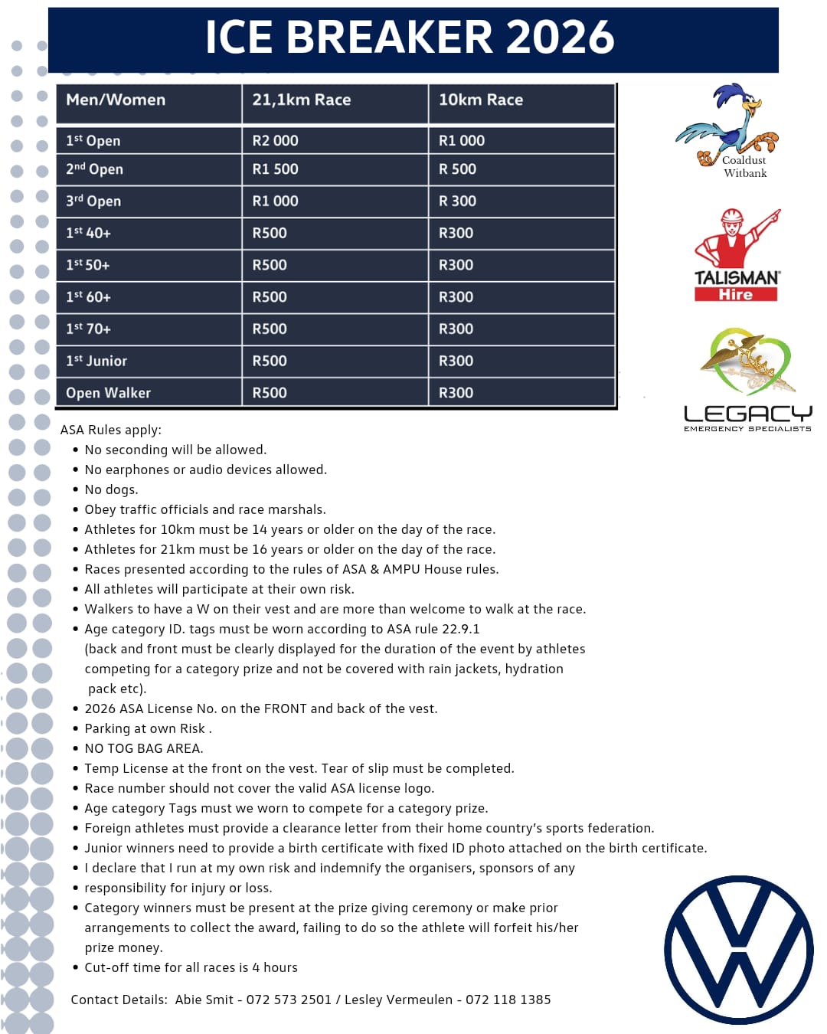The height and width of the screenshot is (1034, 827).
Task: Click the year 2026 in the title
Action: pos(560,37)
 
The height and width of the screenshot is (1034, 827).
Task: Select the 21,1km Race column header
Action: pos(301,100)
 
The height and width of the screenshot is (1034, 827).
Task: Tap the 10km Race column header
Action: pos(480,100)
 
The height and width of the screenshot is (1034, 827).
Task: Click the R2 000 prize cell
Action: pos(275,141)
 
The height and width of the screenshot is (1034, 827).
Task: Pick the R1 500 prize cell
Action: pos(275,169)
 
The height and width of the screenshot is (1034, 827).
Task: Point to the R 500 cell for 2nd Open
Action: pos(457,169)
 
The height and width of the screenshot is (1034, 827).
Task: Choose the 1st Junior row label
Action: pos(96,361)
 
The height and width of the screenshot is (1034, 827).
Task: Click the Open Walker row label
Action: pos(108,393)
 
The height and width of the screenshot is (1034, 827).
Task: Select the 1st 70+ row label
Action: pos(88,329)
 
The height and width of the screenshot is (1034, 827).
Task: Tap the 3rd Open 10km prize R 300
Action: pos(457,201)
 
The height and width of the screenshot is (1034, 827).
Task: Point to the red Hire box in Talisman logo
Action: pos(735,294)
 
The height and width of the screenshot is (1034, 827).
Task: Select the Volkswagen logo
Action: pos(739,950)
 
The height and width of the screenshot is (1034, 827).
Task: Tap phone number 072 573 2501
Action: pos(289,1000)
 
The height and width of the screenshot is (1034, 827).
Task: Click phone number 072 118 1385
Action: pos(508,1000)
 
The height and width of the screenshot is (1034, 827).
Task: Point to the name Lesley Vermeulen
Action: pos(398,1000)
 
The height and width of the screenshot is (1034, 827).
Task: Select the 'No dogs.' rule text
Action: pos(111,489)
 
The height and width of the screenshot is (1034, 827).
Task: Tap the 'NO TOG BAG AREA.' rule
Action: pos(143,748)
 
